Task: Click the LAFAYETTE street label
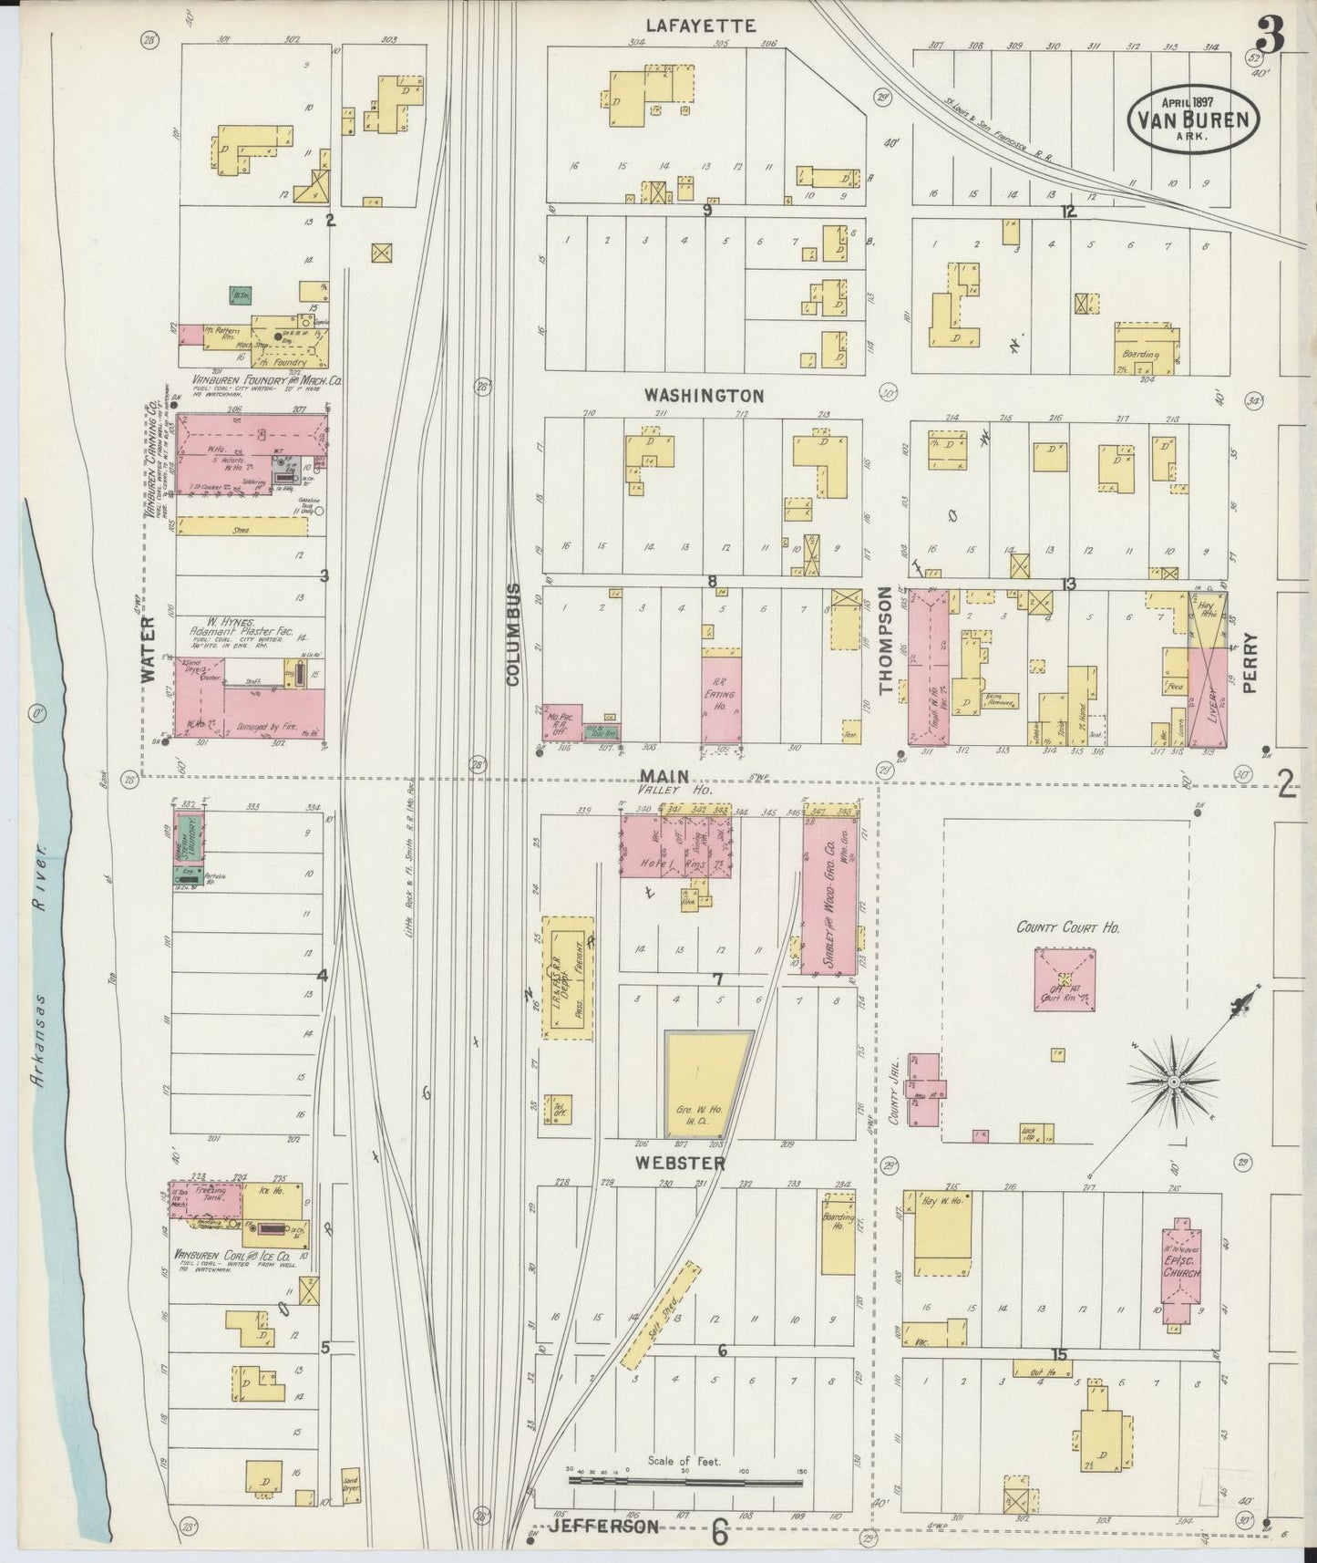coord(700,26)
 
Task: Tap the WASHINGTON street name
coord(703,396)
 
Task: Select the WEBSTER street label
coord(681,1164)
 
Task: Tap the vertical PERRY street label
coord(1249,664)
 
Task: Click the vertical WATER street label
coord(149,648)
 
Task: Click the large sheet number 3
coord(1269,35)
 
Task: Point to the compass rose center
coord(1175,1082)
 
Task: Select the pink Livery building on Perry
coord(1208,698)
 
